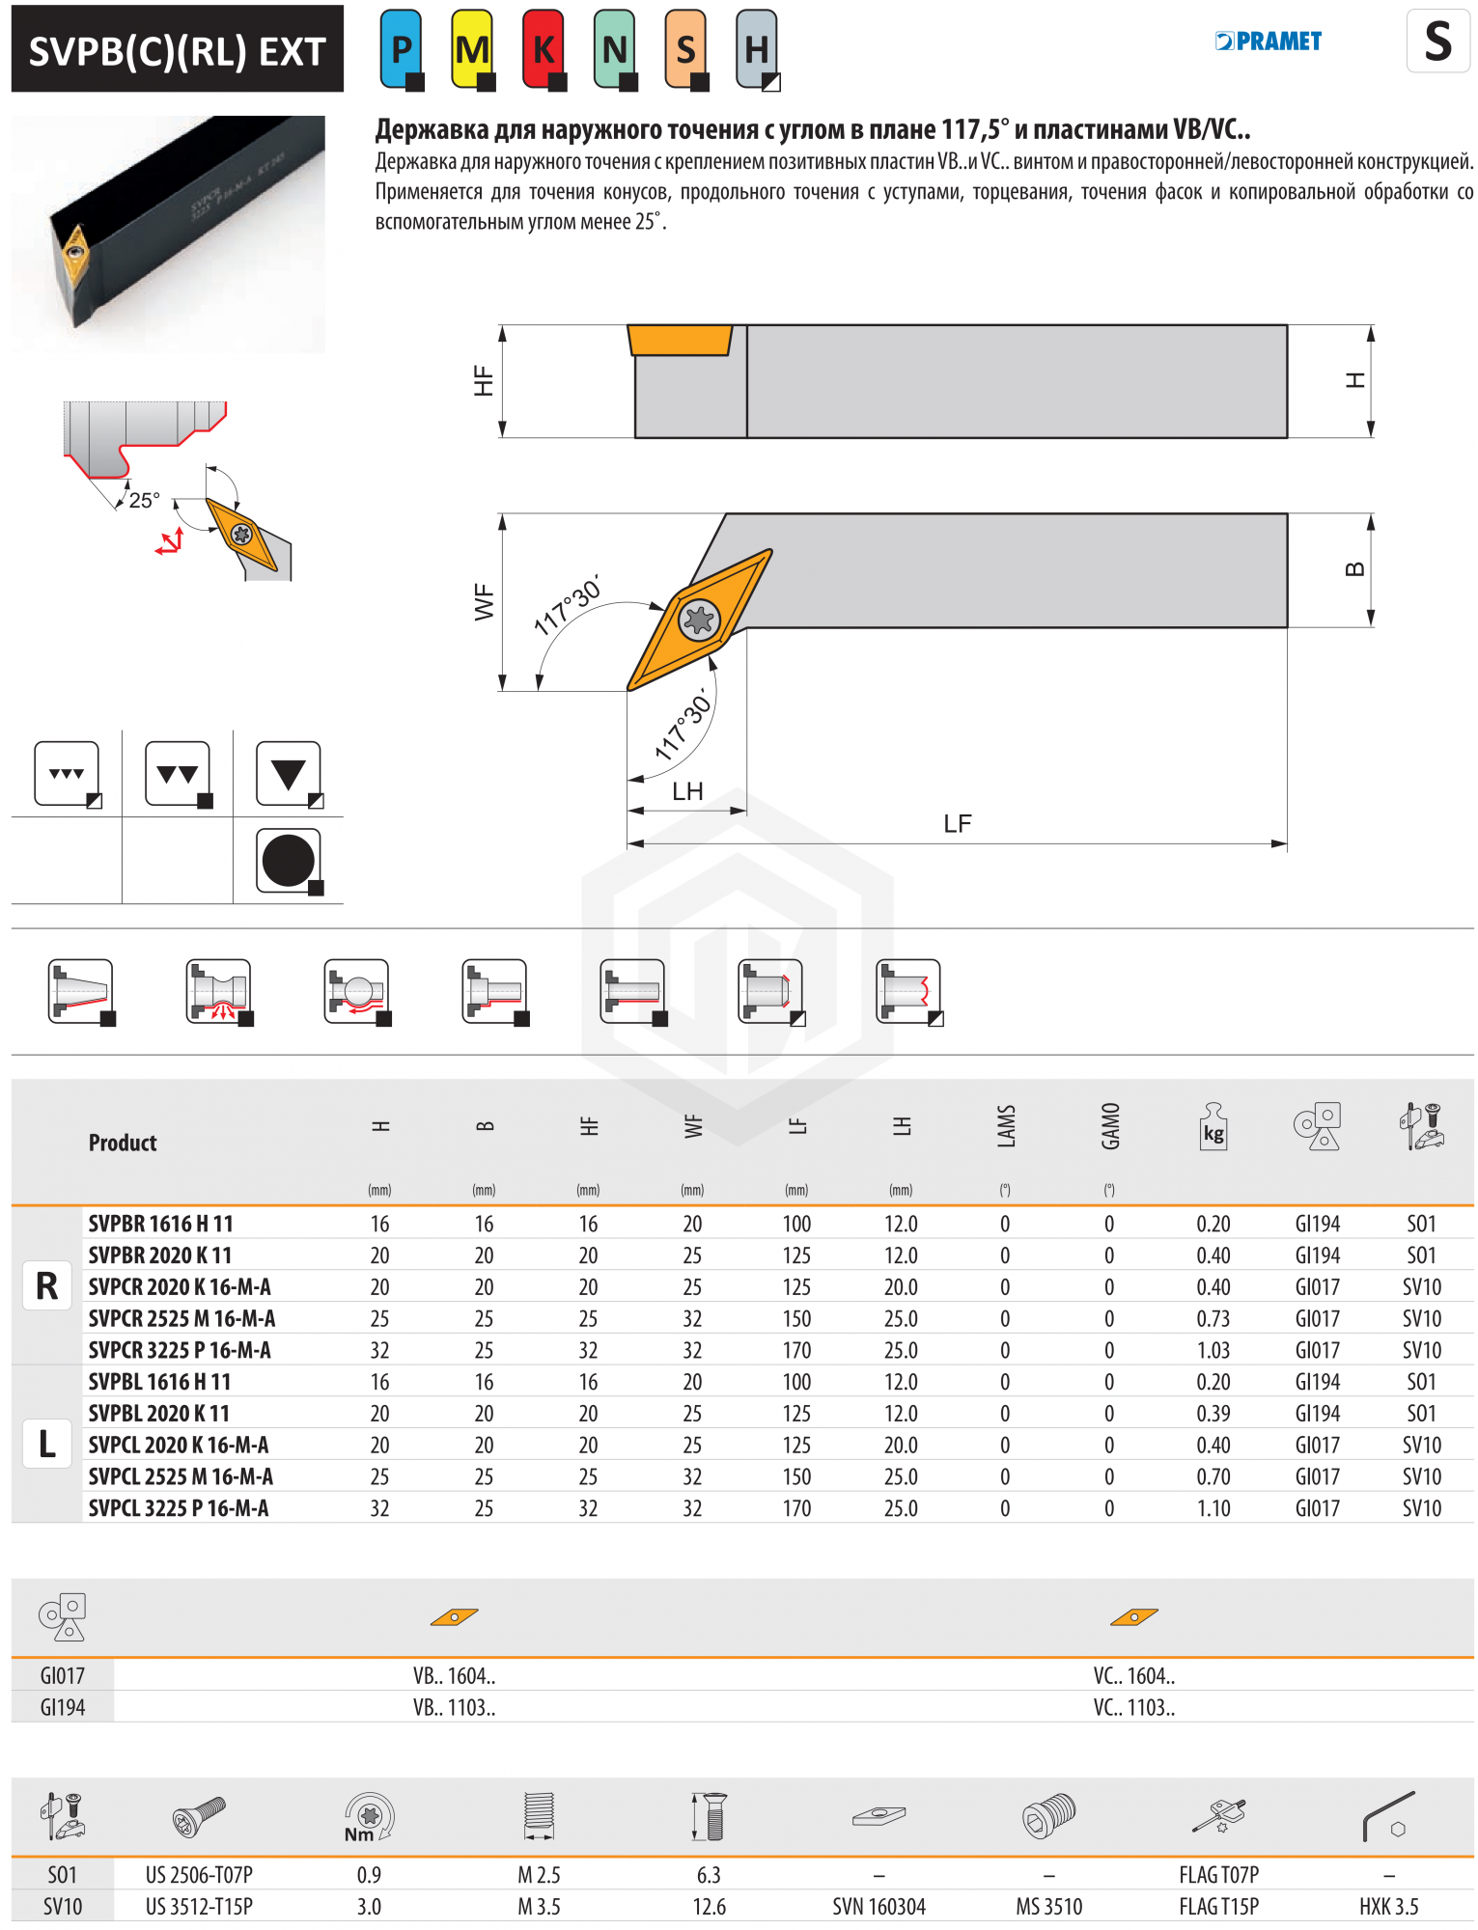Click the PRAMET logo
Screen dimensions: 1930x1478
pos(1269,41)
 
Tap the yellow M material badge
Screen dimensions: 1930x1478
pos(472,48)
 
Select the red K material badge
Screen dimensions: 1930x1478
pos(544,48)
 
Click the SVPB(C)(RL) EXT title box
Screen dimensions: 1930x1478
pos(178,50)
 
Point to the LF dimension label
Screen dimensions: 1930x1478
pos(957,823)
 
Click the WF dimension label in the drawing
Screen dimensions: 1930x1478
pos(485,601)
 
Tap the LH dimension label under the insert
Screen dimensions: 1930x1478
pos(687,791)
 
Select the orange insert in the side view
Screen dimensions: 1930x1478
pos(680,341)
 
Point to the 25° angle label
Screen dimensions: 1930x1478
pos(145,500)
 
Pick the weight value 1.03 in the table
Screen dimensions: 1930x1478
pos(1213,1350)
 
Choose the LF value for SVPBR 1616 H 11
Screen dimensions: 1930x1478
pos(796,1224)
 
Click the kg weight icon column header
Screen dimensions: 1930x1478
pos(1213,1126)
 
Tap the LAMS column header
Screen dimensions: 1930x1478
pos(1006,1126)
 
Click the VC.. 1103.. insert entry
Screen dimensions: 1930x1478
pos(1133,1707)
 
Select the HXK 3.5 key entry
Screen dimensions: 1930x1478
pos(1388,1907)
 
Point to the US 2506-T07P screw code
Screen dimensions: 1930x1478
pos(199,1875)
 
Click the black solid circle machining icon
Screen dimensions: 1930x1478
pos(288,860)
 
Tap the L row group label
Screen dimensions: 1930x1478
pos(46,1445)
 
